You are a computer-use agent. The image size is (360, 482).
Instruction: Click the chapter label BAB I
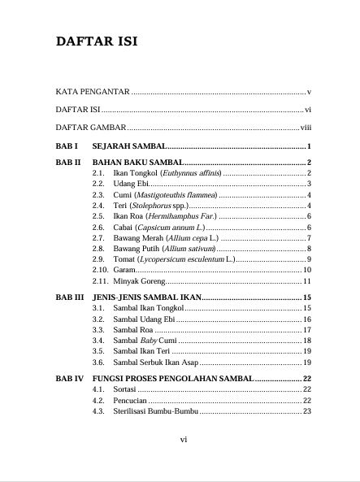(x=66, y=146)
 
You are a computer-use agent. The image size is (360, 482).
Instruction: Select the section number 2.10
(x=100, y=269)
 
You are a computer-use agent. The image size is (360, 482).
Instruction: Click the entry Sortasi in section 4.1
(x=125, y=390)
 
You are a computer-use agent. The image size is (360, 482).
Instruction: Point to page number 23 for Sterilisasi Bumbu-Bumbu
(x=307, y=411)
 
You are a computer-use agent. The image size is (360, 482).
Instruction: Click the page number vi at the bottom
(x=184, y=439)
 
